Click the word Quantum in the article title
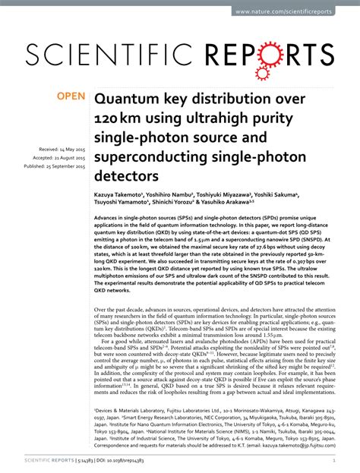[128, 99]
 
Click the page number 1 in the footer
[335, 460]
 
